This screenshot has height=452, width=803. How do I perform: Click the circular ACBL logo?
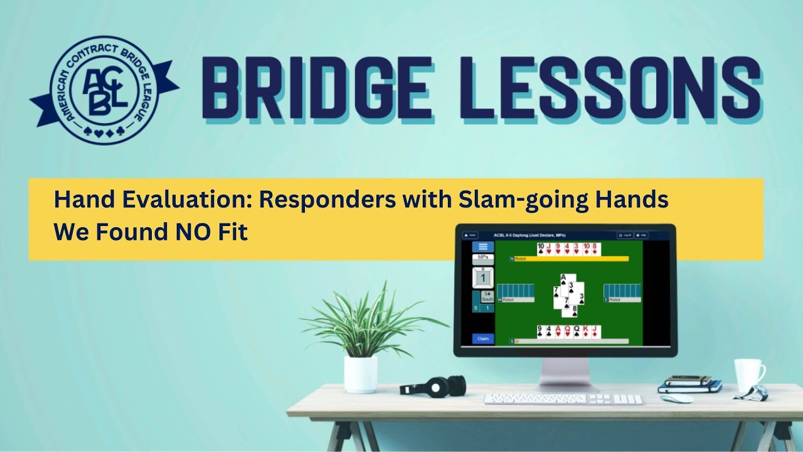104,89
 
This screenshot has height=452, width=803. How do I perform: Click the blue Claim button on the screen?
483,338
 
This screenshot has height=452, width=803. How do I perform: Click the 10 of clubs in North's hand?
541,249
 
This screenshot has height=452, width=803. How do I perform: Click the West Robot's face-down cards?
515,291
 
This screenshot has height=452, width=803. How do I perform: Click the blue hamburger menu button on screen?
482,247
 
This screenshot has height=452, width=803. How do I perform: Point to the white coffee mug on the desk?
748,374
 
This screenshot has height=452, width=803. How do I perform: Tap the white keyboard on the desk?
563,399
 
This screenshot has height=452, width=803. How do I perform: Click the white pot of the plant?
361,374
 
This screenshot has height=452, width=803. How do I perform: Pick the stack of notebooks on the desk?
689,384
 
